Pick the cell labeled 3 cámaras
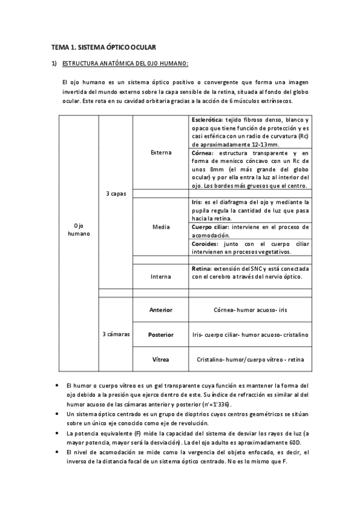(x=115, y=334)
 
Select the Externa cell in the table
(x=160, y=152)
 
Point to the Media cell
(x=160, y=227)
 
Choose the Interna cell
(x=160, y=276)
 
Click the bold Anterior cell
(x=160, y=310)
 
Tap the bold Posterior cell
(x=160, y=334)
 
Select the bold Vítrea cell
(x=160, y=360)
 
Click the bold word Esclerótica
(x=207, y=120)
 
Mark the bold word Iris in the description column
(x=197, y=202)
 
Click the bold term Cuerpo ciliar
(x=210, y=227)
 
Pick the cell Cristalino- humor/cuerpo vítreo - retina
(x=250, y=360)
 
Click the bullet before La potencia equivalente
(x=56, y=433)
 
